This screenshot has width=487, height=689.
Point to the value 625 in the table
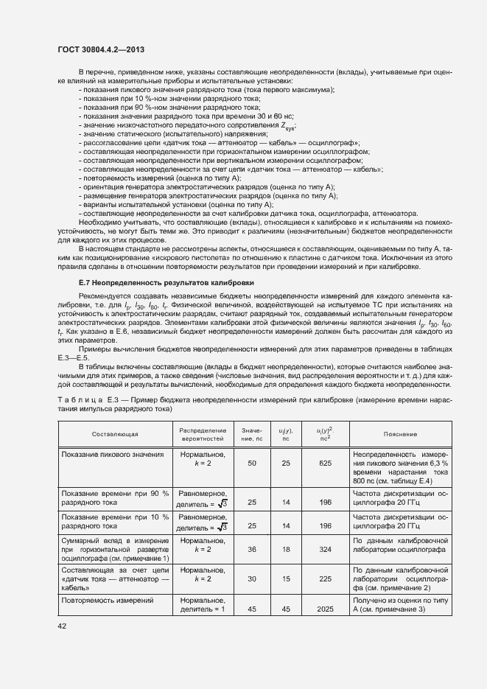pos(322,463)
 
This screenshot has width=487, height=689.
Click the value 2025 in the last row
pos(322,609)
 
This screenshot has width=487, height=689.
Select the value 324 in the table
pos(322,549)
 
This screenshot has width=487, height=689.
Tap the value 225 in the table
pos(322,578)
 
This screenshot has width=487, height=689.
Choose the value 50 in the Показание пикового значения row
pos(252,463)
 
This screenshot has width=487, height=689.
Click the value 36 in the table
pos(252,549)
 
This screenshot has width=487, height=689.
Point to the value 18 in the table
pos(285,549)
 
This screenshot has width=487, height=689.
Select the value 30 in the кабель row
pos(252,578)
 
